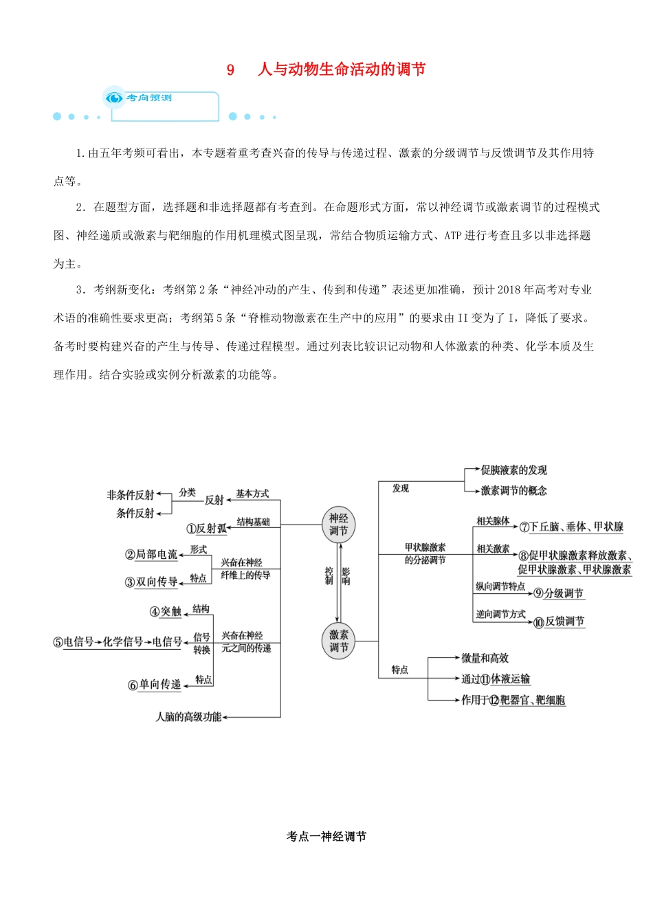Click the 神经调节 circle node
point(338,525)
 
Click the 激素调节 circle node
point(338,641)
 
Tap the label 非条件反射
point(131,495)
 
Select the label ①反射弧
point(206,529)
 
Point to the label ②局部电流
point(151,555)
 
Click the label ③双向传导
point(151,582)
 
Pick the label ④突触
point(166,612)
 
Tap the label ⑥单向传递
point(155,685)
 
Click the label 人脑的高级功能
point(188,717)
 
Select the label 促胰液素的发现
point(513,470)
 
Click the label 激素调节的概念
point(513,491)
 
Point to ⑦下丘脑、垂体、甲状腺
point(571,527)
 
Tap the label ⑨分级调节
point(558,593)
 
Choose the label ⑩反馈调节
point(559,622)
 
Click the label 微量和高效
point(485,659)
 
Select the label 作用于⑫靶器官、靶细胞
point(513,701)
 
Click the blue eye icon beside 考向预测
point(113,98)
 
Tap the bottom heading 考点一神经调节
point(326,837)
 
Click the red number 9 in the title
point(231,69)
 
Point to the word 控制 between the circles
point(329,576)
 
